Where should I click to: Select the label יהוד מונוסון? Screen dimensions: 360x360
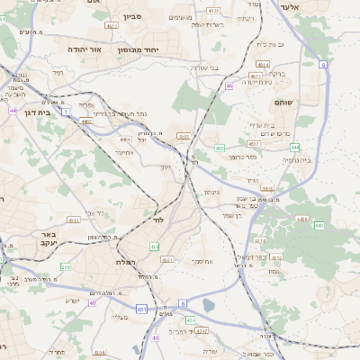point(138,49)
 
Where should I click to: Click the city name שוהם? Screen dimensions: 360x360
point(308,102)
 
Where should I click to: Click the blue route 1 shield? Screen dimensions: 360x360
point(66,111)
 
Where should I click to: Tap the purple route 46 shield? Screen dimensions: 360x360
point(229,86)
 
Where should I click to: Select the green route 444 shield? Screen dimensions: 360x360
point(294,147)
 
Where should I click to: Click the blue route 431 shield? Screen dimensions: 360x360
point(141,309)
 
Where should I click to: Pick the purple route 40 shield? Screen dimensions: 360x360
point(92,302)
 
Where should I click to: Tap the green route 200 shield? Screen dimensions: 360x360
point(65,267)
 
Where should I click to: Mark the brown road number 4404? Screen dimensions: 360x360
point(125,139)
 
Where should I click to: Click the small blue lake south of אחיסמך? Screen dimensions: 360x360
point(210,304)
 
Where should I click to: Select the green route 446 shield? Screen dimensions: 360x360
point(302,219)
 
